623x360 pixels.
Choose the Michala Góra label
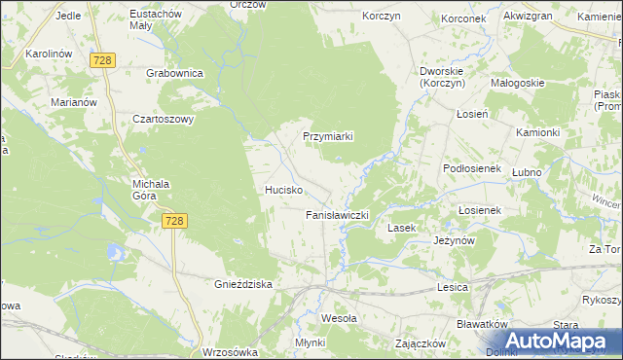(x=151, y=190)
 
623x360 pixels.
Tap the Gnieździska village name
(x=242, y=284)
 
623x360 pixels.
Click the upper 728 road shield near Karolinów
(x=103, y=61)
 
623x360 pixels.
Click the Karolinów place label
(x=53, y=54)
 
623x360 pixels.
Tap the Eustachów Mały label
(x=157, y=20)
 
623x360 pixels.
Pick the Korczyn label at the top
(x=383, y=18)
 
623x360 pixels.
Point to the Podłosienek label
(x=470, y=168)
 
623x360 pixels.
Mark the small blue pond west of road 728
(x=116, y=254)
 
